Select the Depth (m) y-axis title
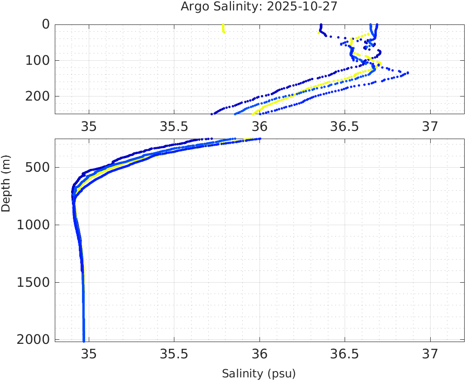pos(6,183)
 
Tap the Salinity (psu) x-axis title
pos(259,374)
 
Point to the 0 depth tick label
pos(46,24)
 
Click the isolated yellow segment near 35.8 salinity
pos(223,29)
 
